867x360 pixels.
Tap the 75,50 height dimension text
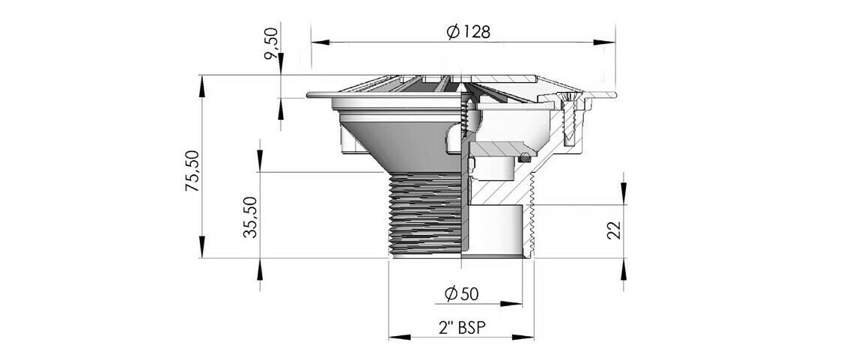click(x=192, y=171)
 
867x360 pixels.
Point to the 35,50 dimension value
click(x=250, y=217)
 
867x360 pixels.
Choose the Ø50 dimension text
click(x=461, y=294)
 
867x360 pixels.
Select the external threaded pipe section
click(x=424, y=213)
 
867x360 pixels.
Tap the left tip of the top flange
click(x=308, y=95)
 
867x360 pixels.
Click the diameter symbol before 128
click(x=451, y=32)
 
